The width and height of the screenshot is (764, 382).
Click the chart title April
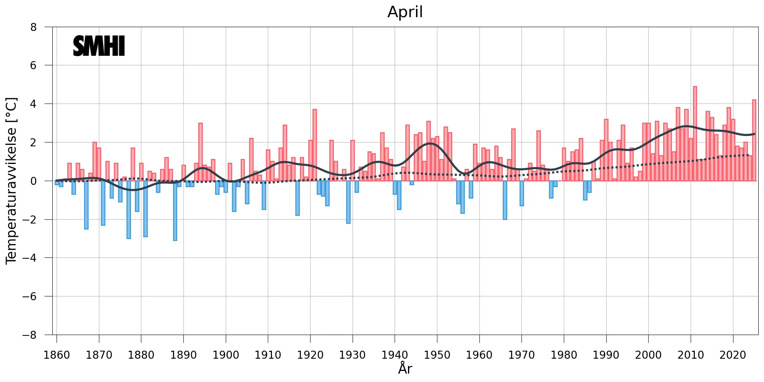[405, 12]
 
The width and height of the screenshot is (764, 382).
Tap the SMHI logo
[99, 46]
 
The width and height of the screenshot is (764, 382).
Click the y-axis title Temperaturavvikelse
[11, 181]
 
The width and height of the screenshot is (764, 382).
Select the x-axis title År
[405, 368]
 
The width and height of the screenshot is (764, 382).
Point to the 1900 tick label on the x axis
[226, 355]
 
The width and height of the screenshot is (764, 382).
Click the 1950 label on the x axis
[437, 355]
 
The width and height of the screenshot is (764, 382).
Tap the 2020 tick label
[733, 355]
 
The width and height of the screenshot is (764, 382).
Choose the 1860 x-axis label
[57, 355]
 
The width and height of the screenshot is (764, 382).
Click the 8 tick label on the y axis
[34, 27]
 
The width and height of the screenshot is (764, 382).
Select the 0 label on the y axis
[34, 181]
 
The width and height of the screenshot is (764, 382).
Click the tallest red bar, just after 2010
[695, 134]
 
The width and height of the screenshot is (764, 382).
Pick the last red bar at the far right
[754, 140]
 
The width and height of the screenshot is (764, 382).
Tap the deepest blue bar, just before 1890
[175, 210]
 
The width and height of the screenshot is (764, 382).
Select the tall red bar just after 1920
[314, 145]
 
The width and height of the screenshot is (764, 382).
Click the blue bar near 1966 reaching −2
[505, 200]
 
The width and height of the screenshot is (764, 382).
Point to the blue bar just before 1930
[348, 202]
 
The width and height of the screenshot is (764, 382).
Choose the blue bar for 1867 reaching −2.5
[86, 205]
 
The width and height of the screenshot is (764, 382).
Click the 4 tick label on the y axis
[34, 104]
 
